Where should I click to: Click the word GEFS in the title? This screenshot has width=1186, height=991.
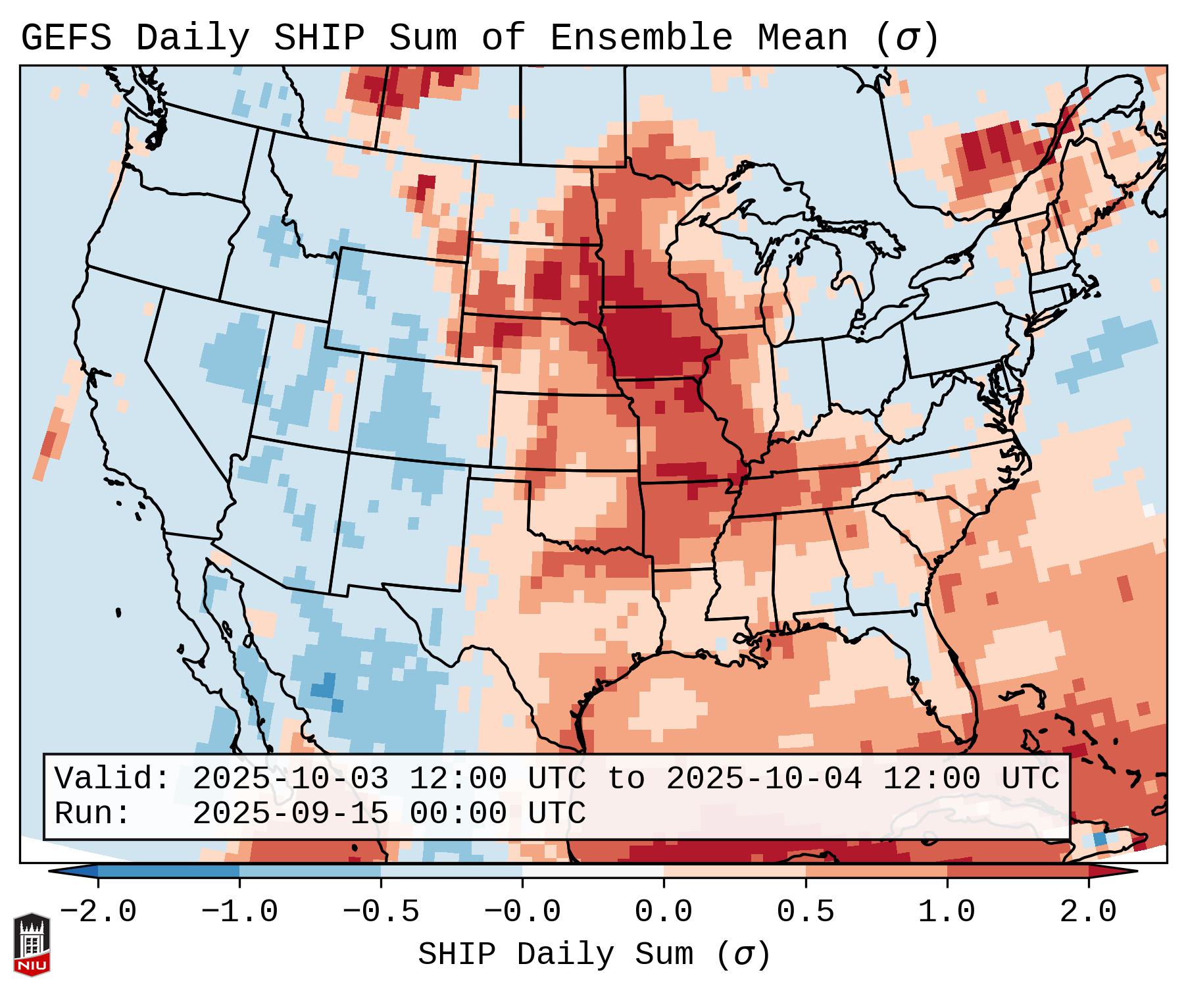[x=66, y=38]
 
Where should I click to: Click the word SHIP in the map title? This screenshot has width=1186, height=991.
[x=318, y=38]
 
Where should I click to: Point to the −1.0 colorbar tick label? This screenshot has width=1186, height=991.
[x=239, y=912]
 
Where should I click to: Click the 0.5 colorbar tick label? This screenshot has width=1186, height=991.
[x=805, y=912]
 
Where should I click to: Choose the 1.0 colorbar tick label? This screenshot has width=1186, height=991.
[x=947, y=912]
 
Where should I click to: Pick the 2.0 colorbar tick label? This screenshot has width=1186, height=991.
[x=1088, y=912]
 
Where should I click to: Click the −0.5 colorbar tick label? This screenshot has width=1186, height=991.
[x=380, y=912]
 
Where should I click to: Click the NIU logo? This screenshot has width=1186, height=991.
[x=32, y=944]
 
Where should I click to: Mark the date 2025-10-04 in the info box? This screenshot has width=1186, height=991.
[x=764, y=778]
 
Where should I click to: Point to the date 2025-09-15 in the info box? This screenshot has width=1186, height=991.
[x=290, y=813]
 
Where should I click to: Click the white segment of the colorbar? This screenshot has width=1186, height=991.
[x=593, y=871]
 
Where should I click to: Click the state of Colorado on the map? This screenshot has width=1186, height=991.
[x=424, y=408]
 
